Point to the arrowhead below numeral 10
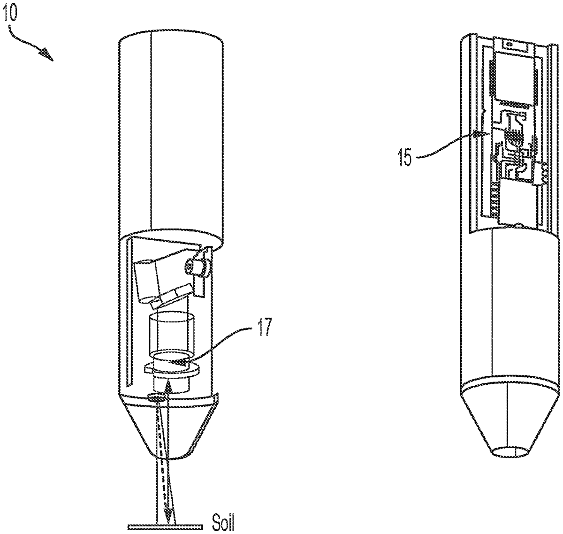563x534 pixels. [x=47, y=54]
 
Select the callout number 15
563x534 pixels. [x=404, y=157]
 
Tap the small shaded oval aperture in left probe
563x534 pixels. [x=156, y=397]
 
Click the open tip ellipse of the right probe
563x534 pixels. [x=510, y=452]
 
